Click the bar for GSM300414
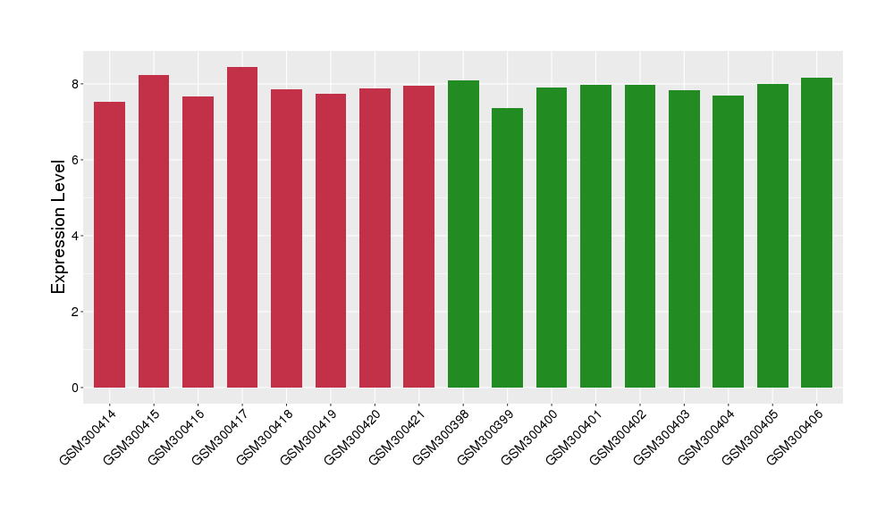coord(109,245)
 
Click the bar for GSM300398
coord(463,234)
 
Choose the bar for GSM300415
coord(154,231)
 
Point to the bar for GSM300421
coord(418,237)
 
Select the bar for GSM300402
coord(640,236)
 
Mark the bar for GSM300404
coord(728,241)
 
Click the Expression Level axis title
coord(59,226)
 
